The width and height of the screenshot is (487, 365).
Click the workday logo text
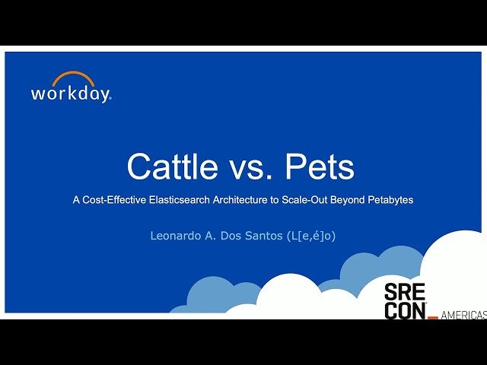pos(71,94)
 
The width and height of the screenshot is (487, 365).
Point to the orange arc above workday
pos(74,78)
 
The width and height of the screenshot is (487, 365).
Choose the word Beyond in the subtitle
pos(348,200)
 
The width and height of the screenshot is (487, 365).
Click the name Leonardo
pos(178,236)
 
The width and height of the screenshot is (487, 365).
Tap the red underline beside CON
pos(434,317)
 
